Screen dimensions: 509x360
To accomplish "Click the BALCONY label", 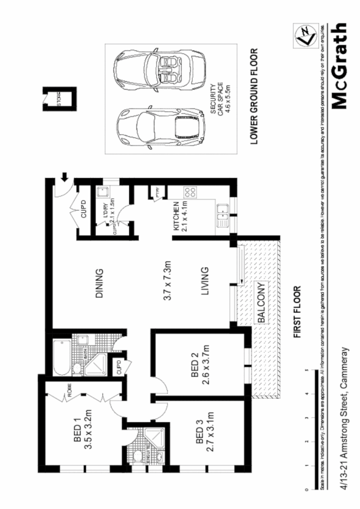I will pyautogui.click(x=260, y=303).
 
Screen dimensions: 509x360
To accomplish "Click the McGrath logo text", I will pyautogui.click(x=338, y=66).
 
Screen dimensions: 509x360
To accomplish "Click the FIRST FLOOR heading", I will pyautogui.click(x=296, y=312).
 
